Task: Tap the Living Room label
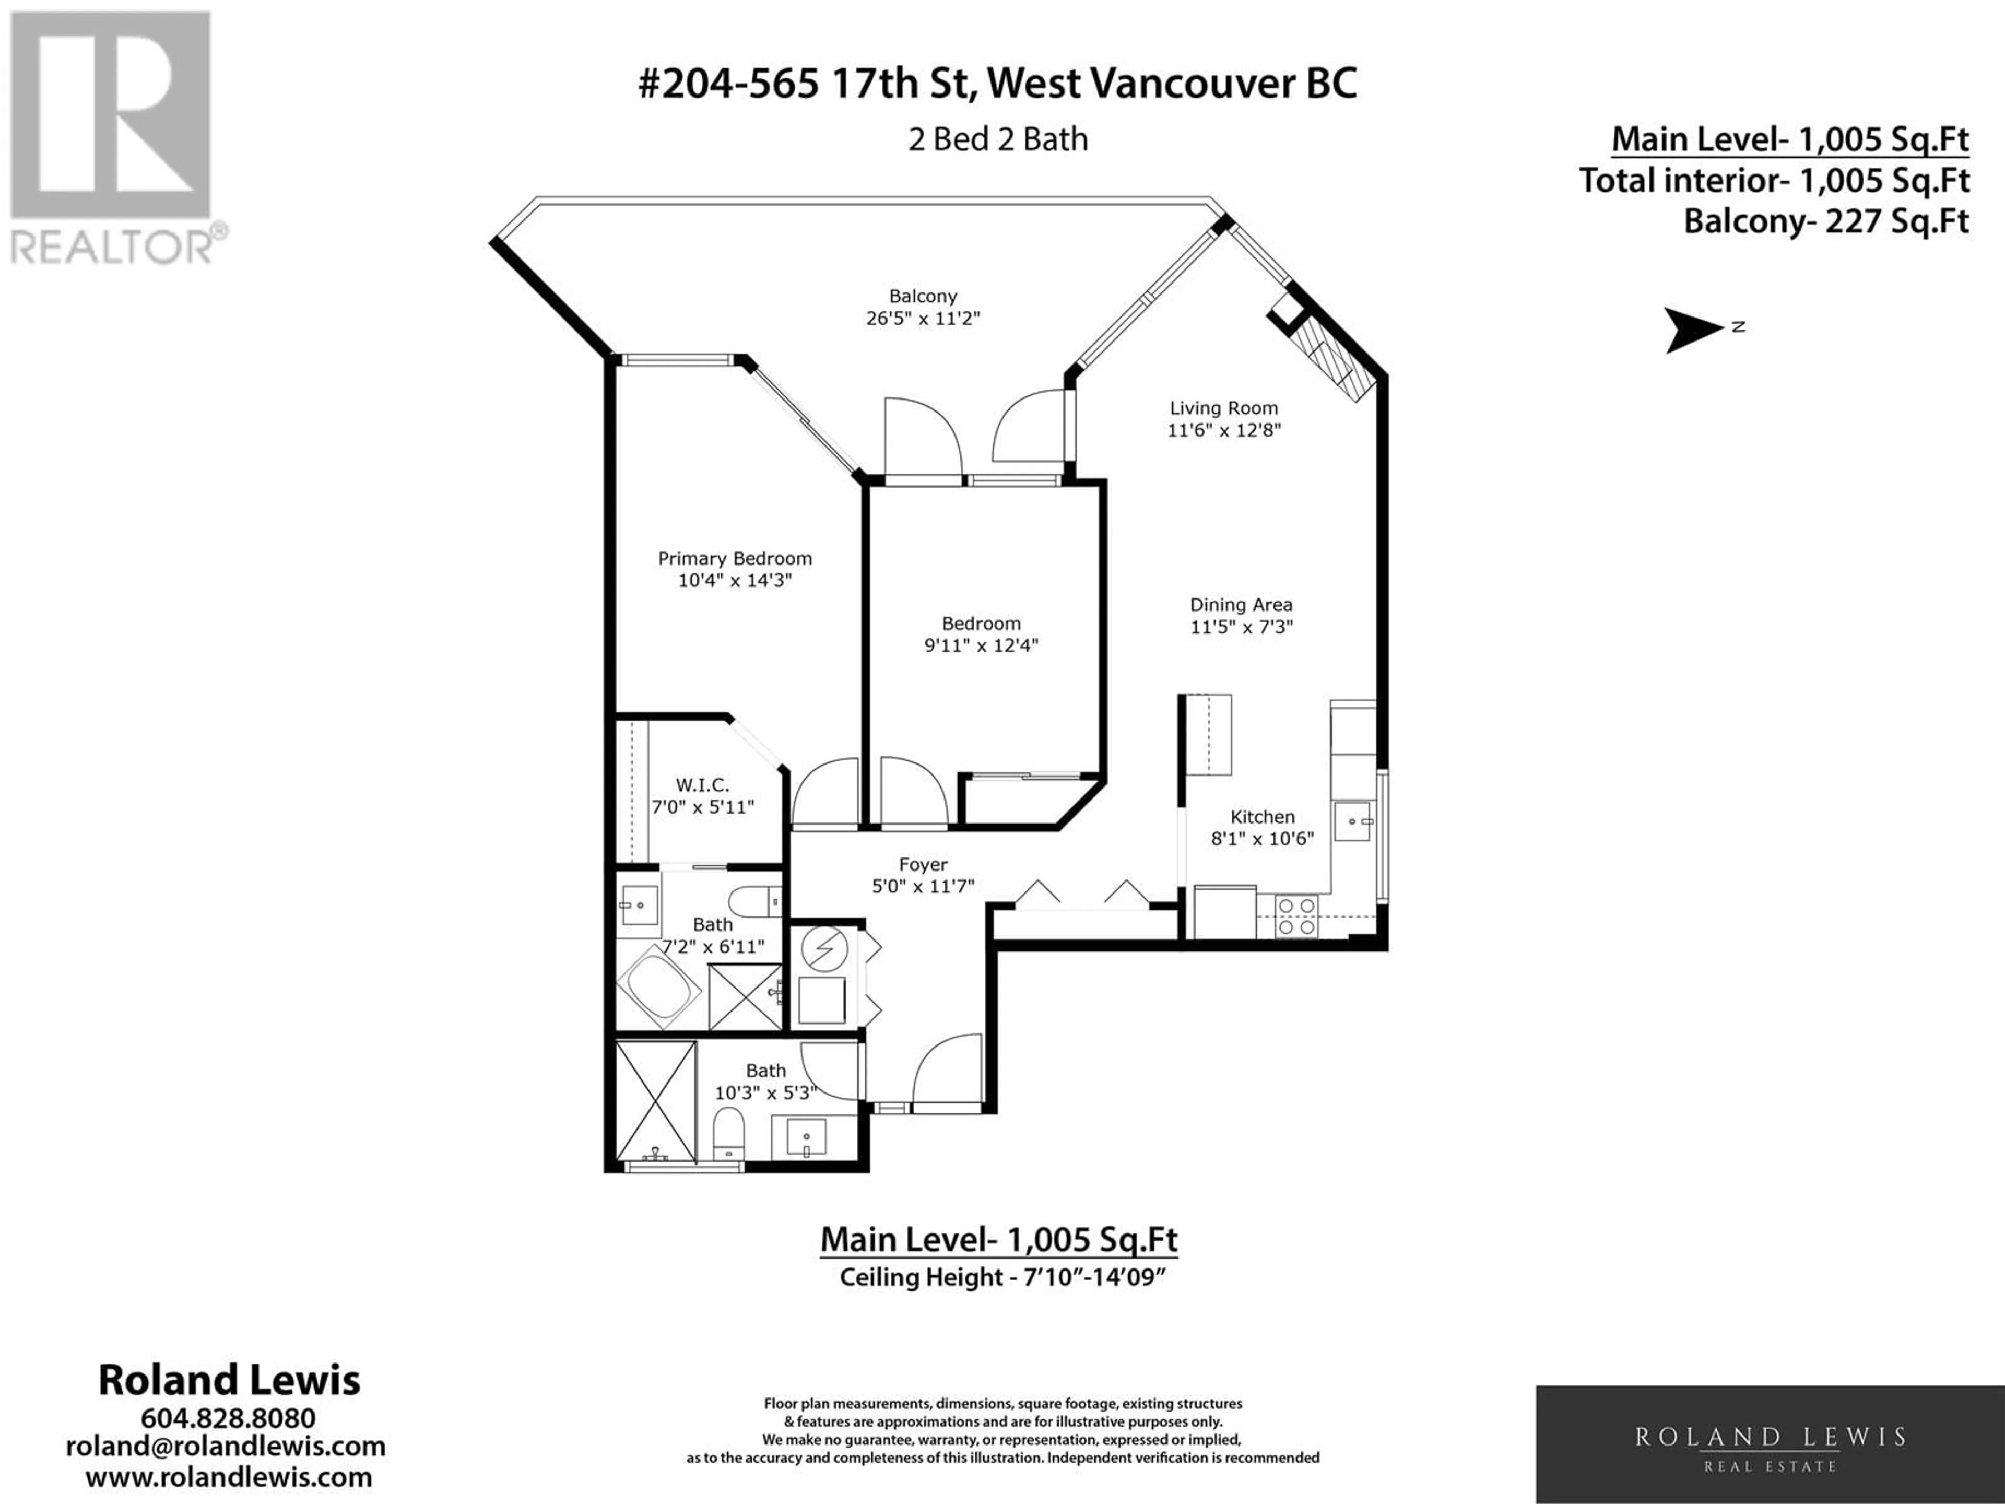tap(1224, 408)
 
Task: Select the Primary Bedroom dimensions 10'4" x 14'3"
tap(735, 580)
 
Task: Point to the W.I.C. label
tap(702, 785)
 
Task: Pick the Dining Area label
tap(1241, 605)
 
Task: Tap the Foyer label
tap(923, 865)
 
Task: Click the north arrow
tap(1693, 329)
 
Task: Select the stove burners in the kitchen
tap(1295, 915)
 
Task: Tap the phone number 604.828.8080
tap(228, 1418)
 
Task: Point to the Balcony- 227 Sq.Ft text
tap(1826, 222)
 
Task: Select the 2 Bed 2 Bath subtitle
tap(998, 139)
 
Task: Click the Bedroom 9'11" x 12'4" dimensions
tap(981, 645)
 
